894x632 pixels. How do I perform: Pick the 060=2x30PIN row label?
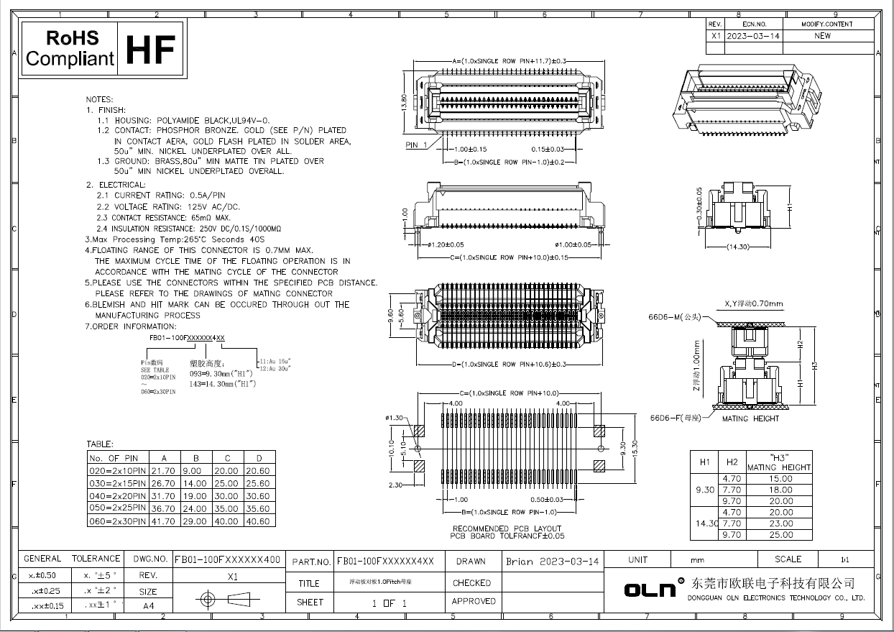click(117, 521)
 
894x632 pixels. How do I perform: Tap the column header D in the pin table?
click(259, 457)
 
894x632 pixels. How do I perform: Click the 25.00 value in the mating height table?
click(780, 534)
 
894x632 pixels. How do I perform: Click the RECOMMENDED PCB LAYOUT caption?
click(507, 528)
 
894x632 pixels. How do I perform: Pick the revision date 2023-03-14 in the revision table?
click(752, 35)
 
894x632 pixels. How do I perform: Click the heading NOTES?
click(99, 99)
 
